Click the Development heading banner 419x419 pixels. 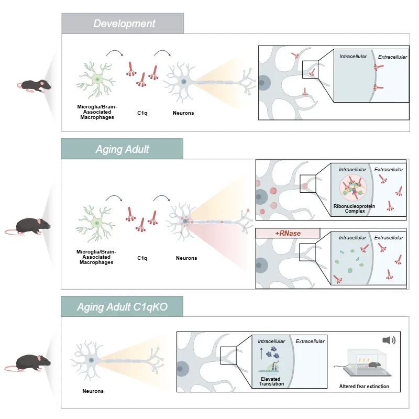click(x=123, y=23)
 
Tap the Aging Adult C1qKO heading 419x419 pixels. click(x=122, y=306)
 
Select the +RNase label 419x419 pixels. click(x=288, y=233)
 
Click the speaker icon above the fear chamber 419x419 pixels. click(x=389, y=340)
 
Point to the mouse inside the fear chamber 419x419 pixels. click(x=374, y=365)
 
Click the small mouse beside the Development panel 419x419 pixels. click(x=34, y=85)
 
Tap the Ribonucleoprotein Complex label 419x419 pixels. click(x=355, y=208)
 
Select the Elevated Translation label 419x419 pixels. click(x=271, y=381)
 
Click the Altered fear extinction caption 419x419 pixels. click(x=364, y=387)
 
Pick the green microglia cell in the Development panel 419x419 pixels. click(x=97, y=80)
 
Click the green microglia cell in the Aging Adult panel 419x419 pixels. click(x=96, y=224)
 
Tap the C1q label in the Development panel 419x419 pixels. click(x=142, y=113)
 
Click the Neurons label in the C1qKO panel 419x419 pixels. click(x=93, y=391)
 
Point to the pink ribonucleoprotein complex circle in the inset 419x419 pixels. click(x=352, y=188)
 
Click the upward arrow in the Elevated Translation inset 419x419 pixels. click(x=261, y=353)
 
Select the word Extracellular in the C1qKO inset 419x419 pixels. click(x=310, y=341)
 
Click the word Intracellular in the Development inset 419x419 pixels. click(x=353, y=57)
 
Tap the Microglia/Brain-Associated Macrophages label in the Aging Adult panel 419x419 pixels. click(x=96, y=257)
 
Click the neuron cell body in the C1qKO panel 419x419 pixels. click(x=91, y=360)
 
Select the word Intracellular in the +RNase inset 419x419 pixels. click(x=352, y=238)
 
